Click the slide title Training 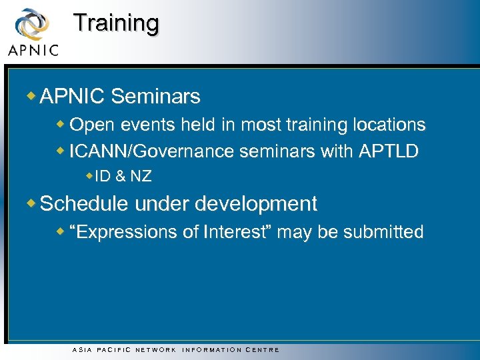tap(116, 23)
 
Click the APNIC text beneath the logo tap(33, 50)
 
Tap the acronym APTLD tap(388, 151)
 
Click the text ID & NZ tap(123, 177)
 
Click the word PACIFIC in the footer tap(114, 349)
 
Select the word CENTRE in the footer tap(263, 349)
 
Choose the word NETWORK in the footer tap(156, 349)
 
